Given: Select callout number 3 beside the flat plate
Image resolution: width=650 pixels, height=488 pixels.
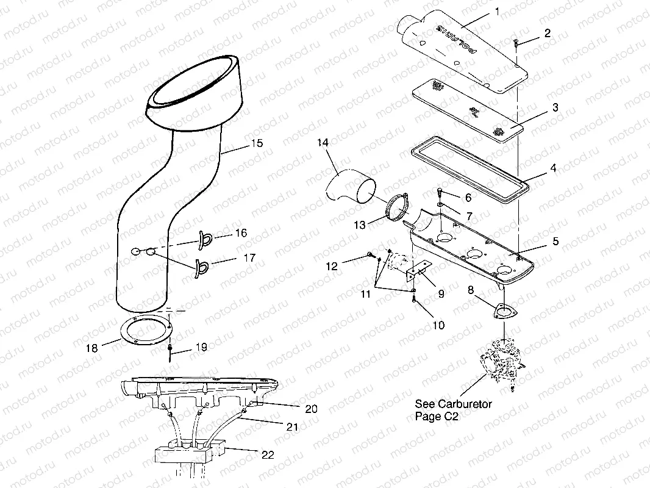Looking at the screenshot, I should pyautogui.click(x=554, y=108).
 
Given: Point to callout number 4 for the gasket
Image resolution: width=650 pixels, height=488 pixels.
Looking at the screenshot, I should pyautogui.click(x=554, y=167).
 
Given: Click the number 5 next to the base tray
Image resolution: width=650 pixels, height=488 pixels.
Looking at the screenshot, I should pyautogui.click(x=555, y=242).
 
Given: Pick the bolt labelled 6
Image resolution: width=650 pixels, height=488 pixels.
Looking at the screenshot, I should pyautogui.click(x=440, y=193).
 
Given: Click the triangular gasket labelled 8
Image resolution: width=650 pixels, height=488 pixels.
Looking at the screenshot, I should pyautogui.click(x=502, y=312).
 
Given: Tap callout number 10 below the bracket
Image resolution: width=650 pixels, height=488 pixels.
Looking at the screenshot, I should pyautogui.click(x=438, y=325).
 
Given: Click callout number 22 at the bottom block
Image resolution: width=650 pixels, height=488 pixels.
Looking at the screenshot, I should pyautogui.click(x=267, y=455).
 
